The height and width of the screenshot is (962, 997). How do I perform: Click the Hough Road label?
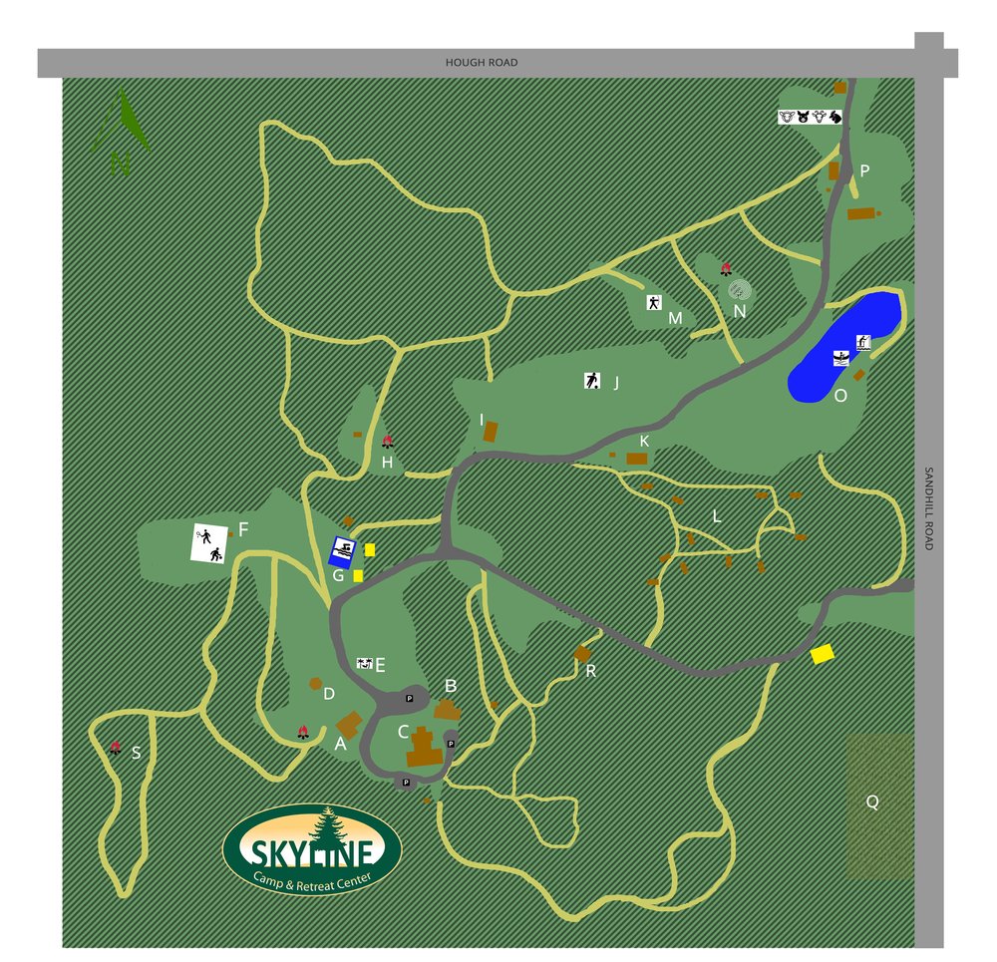point(481,63)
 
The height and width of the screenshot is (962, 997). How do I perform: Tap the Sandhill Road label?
point(927,508)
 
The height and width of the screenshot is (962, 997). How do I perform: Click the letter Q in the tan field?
point(872,802)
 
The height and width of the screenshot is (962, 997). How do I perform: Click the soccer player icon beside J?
point(592,380)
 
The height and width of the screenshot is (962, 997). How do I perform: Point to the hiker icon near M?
point(654,303)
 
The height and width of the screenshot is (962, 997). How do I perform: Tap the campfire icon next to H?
point(387,442)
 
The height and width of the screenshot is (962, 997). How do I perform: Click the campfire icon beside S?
point(115,747)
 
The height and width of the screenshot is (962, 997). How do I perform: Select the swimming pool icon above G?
point(344,549)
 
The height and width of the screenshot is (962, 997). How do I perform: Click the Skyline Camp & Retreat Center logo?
point(312,849)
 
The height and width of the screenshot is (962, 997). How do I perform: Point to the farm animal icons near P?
point(810,117)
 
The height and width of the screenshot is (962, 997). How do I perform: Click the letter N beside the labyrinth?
point(740,311)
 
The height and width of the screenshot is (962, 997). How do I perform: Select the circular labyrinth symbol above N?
point(739,289)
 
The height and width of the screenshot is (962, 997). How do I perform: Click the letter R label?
point(590,671)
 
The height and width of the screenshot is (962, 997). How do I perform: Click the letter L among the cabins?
point(715,516)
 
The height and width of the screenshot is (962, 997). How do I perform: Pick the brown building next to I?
point(491,432)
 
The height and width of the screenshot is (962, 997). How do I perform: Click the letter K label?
point(644,441)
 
